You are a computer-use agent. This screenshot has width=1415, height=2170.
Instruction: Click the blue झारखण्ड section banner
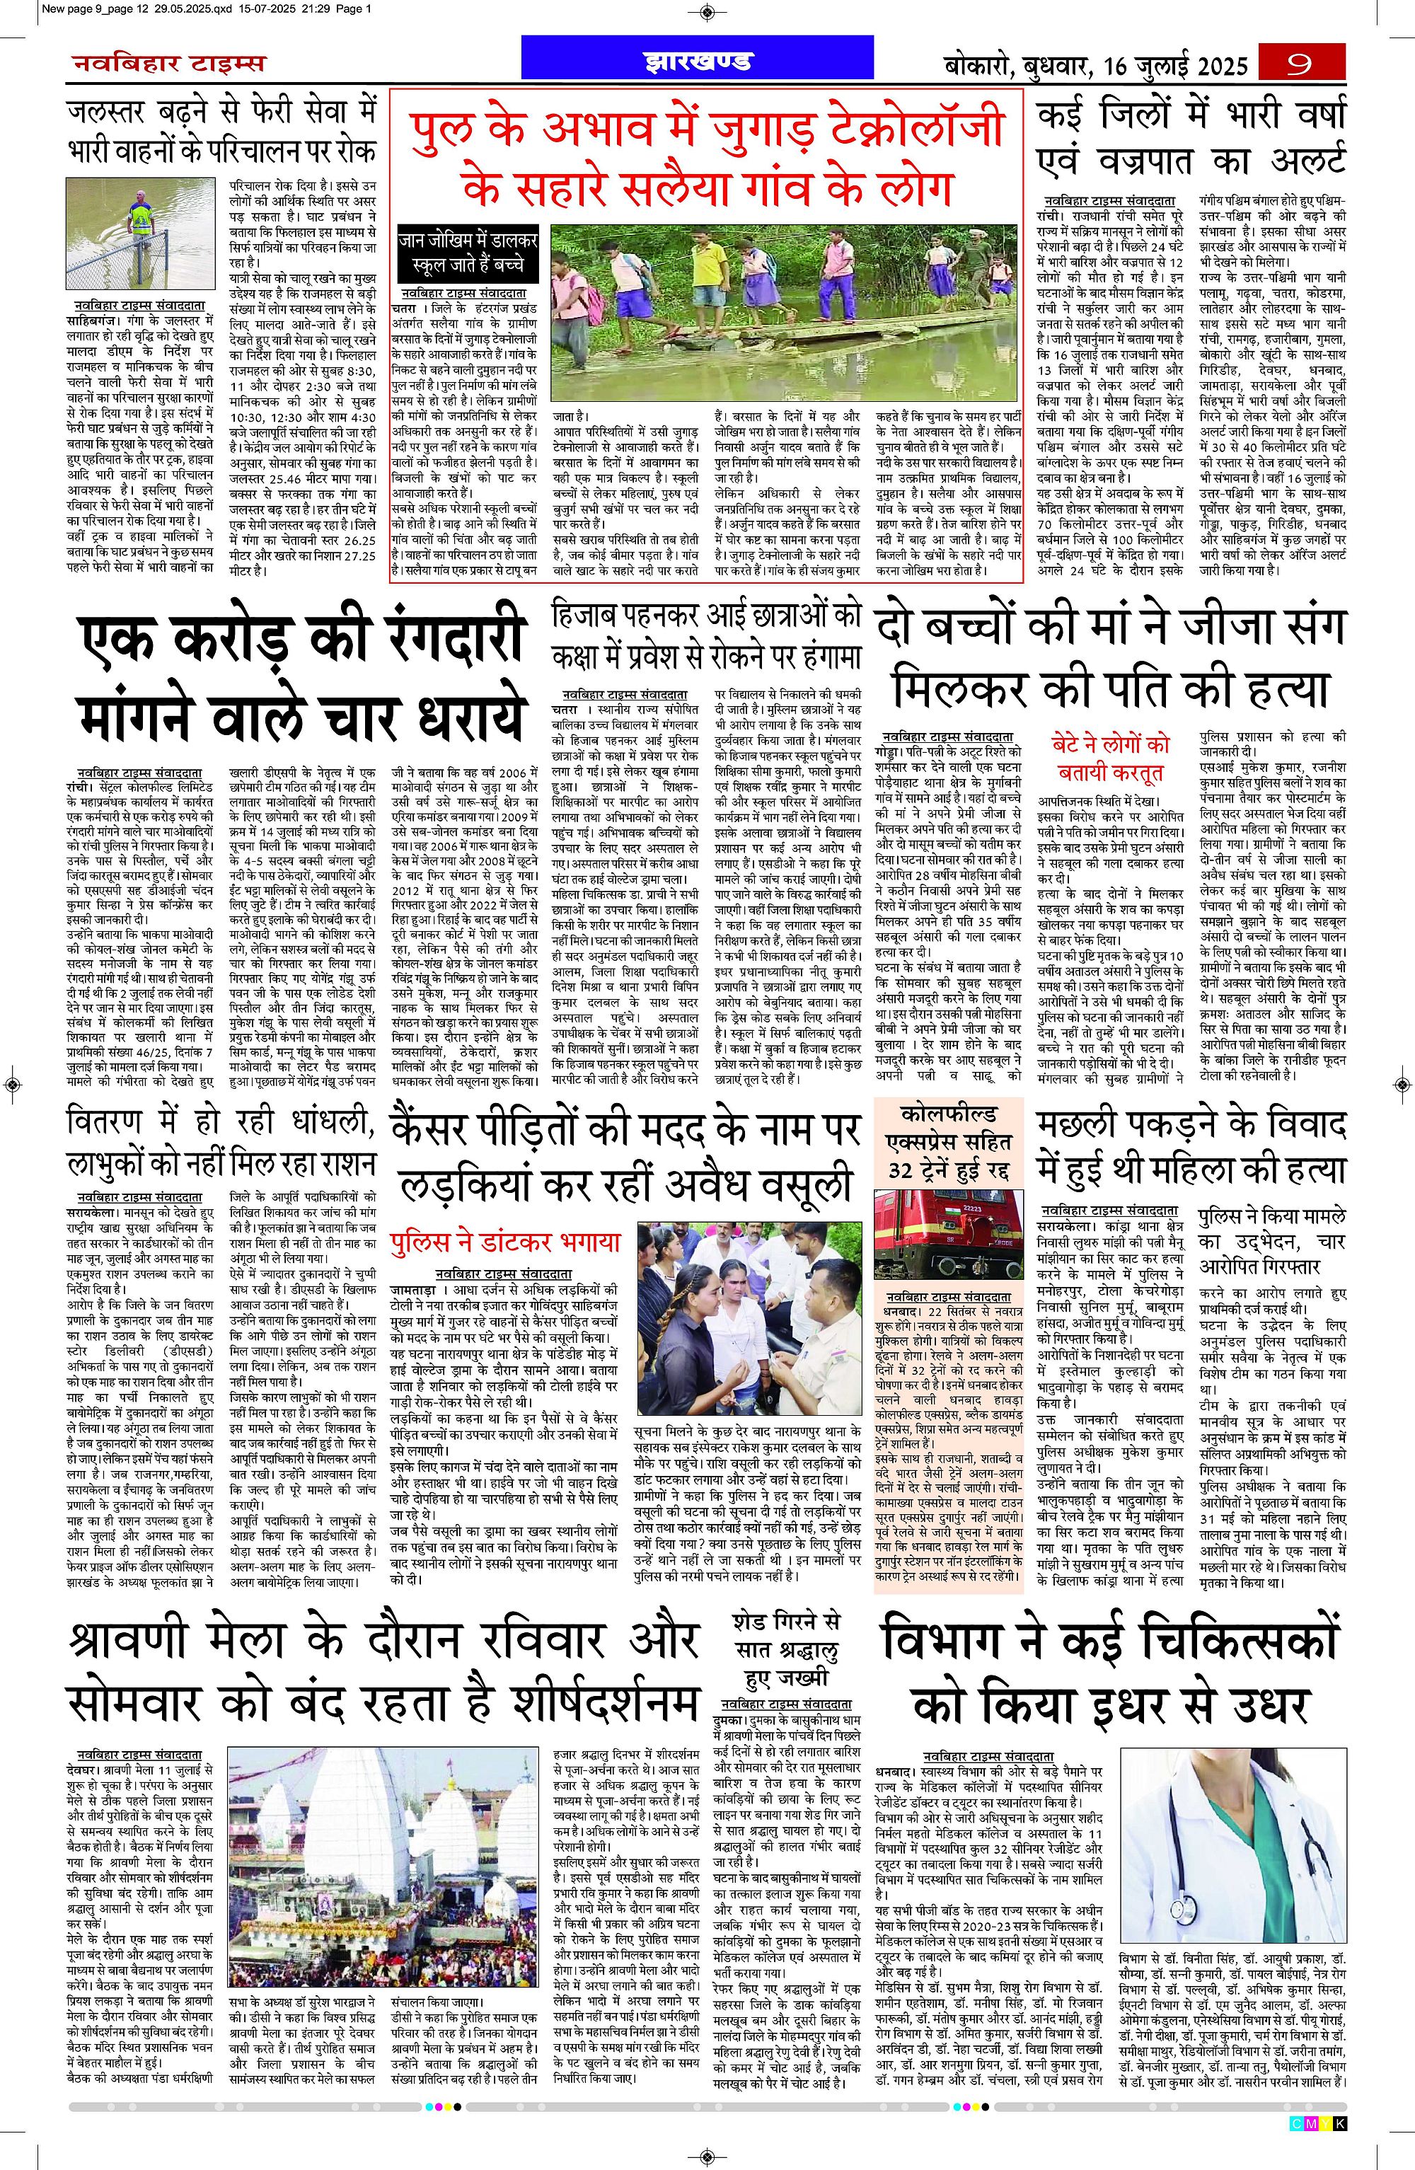coord(698,62)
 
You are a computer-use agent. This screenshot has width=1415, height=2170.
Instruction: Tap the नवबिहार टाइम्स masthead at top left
coord(168,63)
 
